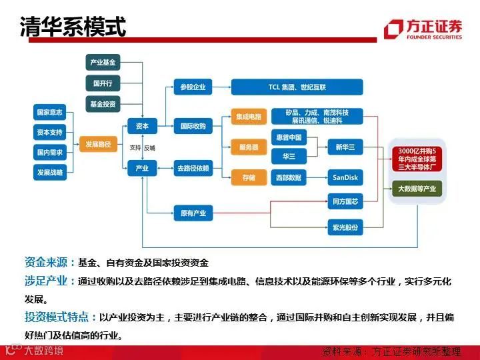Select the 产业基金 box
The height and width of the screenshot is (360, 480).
[103, 63]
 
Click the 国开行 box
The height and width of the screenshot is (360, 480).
[103, 83]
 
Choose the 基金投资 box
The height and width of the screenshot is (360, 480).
[103, 104]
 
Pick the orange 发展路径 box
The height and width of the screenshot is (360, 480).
[98, 143]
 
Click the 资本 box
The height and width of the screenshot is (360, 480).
[142, 125]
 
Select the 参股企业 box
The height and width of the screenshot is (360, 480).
[193, 87]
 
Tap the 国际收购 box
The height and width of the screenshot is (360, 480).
[193, 125]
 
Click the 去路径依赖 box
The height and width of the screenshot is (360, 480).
[193, 168]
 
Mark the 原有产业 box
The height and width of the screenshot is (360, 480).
[193, 213]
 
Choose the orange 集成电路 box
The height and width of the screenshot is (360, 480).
[249, 117]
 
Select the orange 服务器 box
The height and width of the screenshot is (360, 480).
[249, 147]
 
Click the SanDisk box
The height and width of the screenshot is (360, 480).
[345, 177]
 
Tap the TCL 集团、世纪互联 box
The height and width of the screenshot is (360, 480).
[297, 87]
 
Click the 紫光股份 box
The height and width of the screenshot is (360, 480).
[345, 227]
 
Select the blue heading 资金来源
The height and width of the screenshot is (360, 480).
[49, 262]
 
